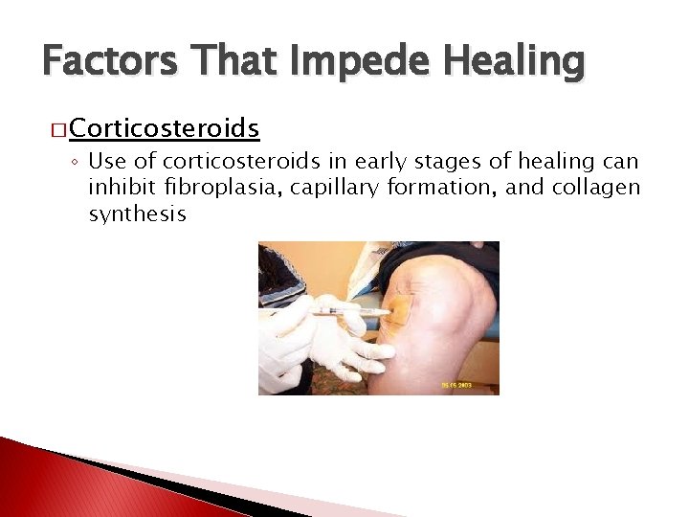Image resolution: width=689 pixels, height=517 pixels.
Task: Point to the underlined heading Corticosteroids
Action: pos(165,128)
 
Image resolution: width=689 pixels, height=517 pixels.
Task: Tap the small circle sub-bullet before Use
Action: pos(76,162)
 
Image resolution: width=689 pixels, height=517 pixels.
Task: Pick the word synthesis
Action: pos(137,214)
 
